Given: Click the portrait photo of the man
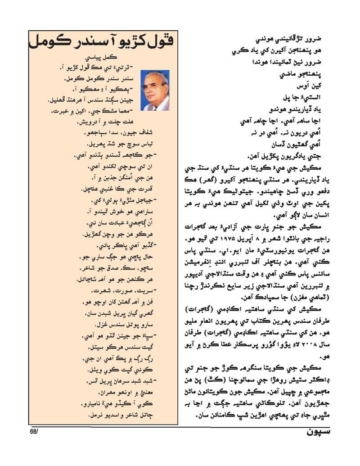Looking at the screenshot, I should (155, 90).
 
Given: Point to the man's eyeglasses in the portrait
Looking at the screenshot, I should (153, 86).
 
